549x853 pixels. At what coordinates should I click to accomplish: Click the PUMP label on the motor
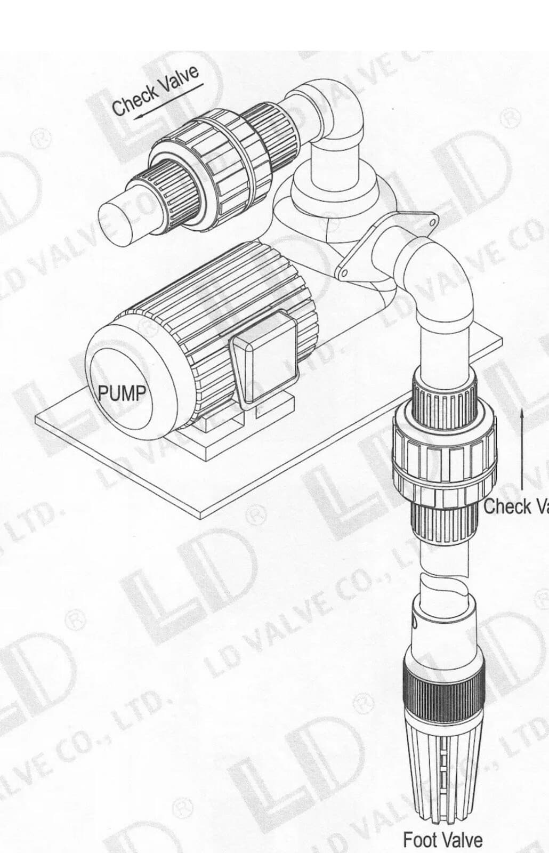(122, 393)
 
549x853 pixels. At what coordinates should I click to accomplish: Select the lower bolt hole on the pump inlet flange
(345, 273)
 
